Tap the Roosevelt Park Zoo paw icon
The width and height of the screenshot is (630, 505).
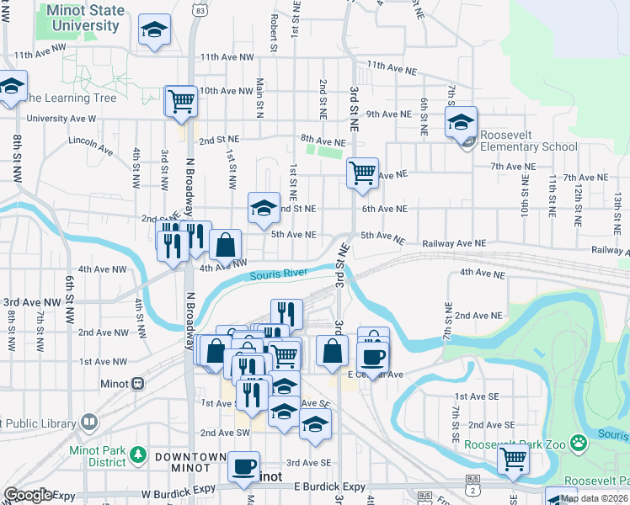(x=578, y=443)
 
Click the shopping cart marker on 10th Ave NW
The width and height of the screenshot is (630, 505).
(x=181, y=102)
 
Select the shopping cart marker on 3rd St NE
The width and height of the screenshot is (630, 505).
(x=362, y=173)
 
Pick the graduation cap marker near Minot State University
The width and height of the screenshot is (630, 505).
(x=153, y=31)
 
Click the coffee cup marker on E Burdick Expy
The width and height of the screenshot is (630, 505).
(x=245, y=465)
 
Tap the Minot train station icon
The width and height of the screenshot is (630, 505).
(x=137, y=383)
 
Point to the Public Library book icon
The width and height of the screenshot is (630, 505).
(x=89, y=423)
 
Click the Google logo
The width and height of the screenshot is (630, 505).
(x=28, y=495)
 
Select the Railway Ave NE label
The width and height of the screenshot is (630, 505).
(x=455, y=242)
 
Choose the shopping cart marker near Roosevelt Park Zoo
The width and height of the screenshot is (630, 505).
(x=512, y=460)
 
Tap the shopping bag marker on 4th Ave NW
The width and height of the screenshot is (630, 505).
(x=226, y=246)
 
